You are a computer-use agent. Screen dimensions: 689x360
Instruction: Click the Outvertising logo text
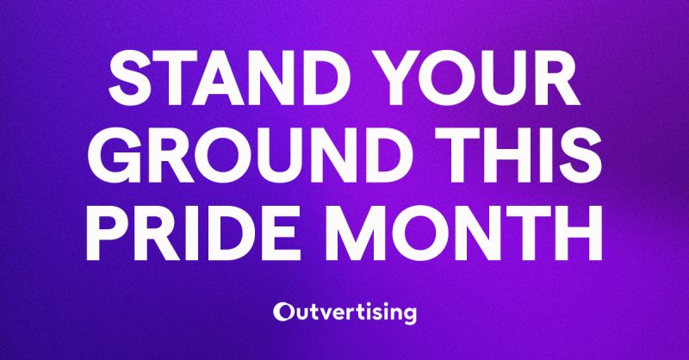344,313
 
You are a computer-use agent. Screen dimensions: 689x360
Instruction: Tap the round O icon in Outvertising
282,312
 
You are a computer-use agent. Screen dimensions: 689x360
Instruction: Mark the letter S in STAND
131,78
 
